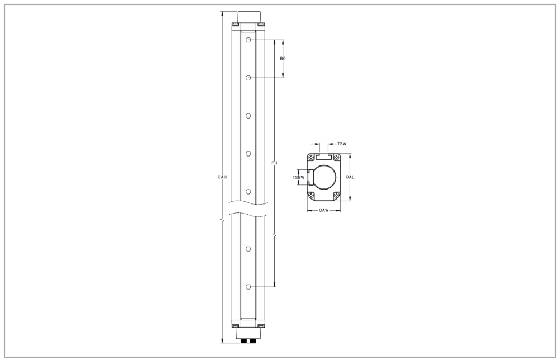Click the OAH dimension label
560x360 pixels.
click(x=222, y=177)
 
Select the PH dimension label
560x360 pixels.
click(x=274, y=163)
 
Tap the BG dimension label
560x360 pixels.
click(x=283, y=59)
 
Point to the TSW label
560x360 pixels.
click(x=342, y=144)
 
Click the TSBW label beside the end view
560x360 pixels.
click(x=298, y=177)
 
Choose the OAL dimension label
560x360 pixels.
click(x=350, y=177)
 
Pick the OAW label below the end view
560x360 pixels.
click(x=323, y=210)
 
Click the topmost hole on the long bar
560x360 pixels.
click(x=248, y=40)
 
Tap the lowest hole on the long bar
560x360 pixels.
click(x=248, y=287)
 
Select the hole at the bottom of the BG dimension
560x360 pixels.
click(x=248, y=78)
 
